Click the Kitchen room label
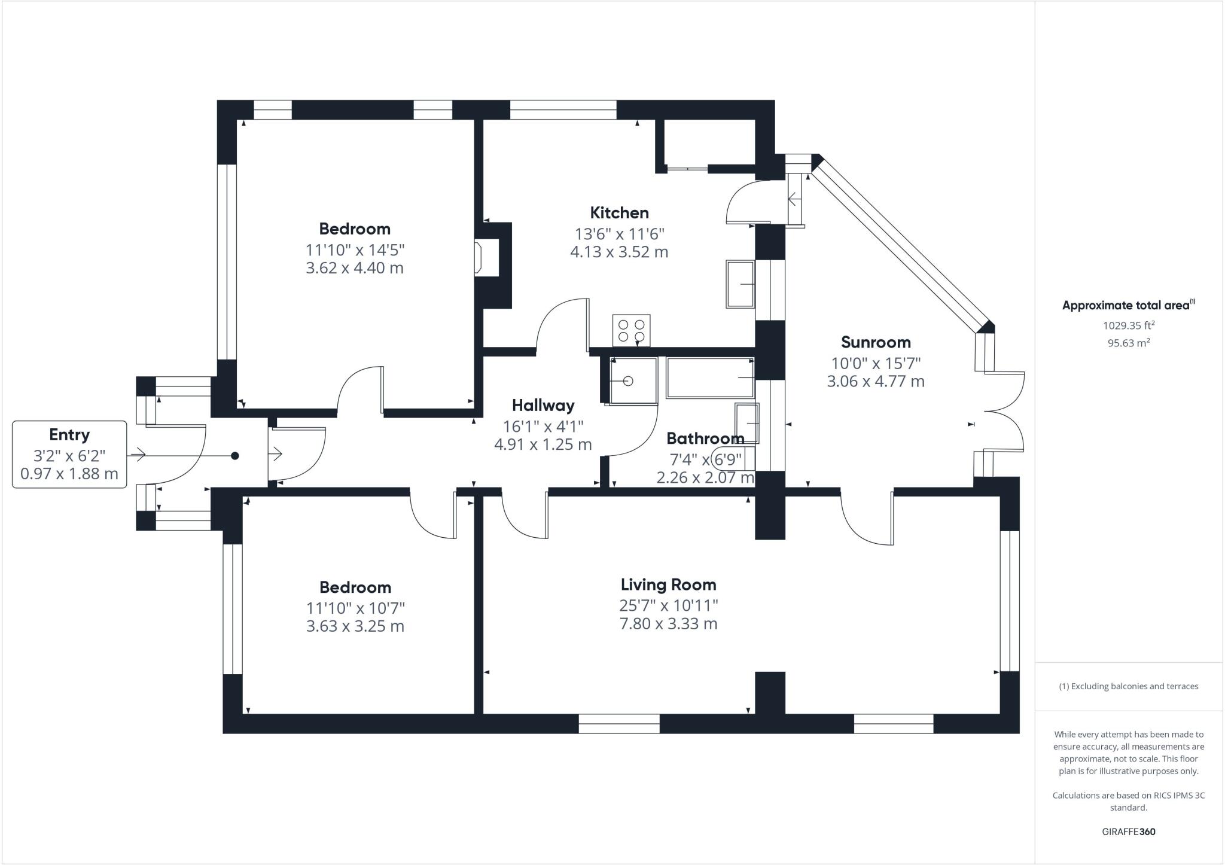pyautogui.click(x=619, y=213)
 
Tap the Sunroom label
pyautogui.click(x=876, y=342)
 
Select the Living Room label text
pyautogui.click(x=668, y=584)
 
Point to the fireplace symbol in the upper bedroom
pyautogui.click(x=486, y=258)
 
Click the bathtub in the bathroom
pyautogui.click(x=710, y=378)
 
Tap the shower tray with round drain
pyautogui.click(x=632, y=380)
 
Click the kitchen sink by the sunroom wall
pyautogui.click(x=741, y=284)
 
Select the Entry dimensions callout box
pyautogui.click(x=69, y=455)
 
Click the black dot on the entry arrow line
pyautogui.click(x=235, y=456)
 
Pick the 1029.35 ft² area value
pyautogui.click(x=1128, y=325)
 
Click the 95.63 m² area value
pyautogui.click(x=1128, y=343)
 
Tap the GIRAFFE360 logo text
pyautogui.click(x=1128, y=832)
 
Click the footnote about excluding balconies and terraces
pyautogui.click(x=1128, y=686)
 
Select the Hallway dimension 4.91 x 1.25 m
pyautogui.click(x=543, y=444)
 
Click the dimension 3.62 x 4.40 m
pyautogui.click(x=355, y=268)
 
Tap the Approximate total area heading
pyautogui.click(x=1127, y=305)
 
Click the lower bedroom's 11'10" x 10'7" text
pyautogui.click(x=355, y=608)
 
